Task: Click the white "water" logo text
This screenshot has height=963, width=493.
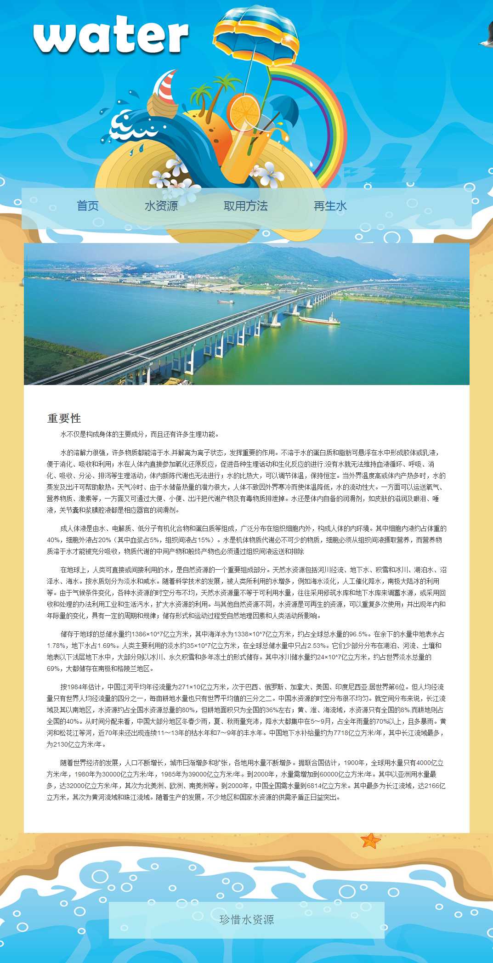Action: point(111,35)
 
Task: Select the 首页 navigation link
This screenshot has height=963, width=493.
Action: point(88,206)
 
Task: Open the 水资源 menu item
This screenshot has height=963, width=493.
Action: point(161,206)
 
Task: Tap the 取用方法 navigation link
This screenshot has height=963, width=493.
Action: point(245,206)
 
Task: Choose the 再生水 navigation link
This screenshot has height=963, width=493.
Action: point(330,206)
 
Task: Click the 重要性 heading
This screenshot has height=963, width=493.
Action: point(64,418)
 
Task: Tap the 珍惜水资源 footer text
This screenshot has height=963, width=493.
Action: point(247,919)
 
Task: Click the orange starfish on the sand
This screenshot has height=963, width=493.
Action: point(370,840)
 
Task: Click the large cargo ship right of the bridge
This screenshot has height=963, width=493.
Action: point(320,318)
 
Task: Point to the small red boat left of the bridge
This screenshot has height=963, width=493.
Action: point(226,301)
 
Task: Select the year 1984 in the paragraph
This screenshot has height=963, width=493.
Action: point(74,687)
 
